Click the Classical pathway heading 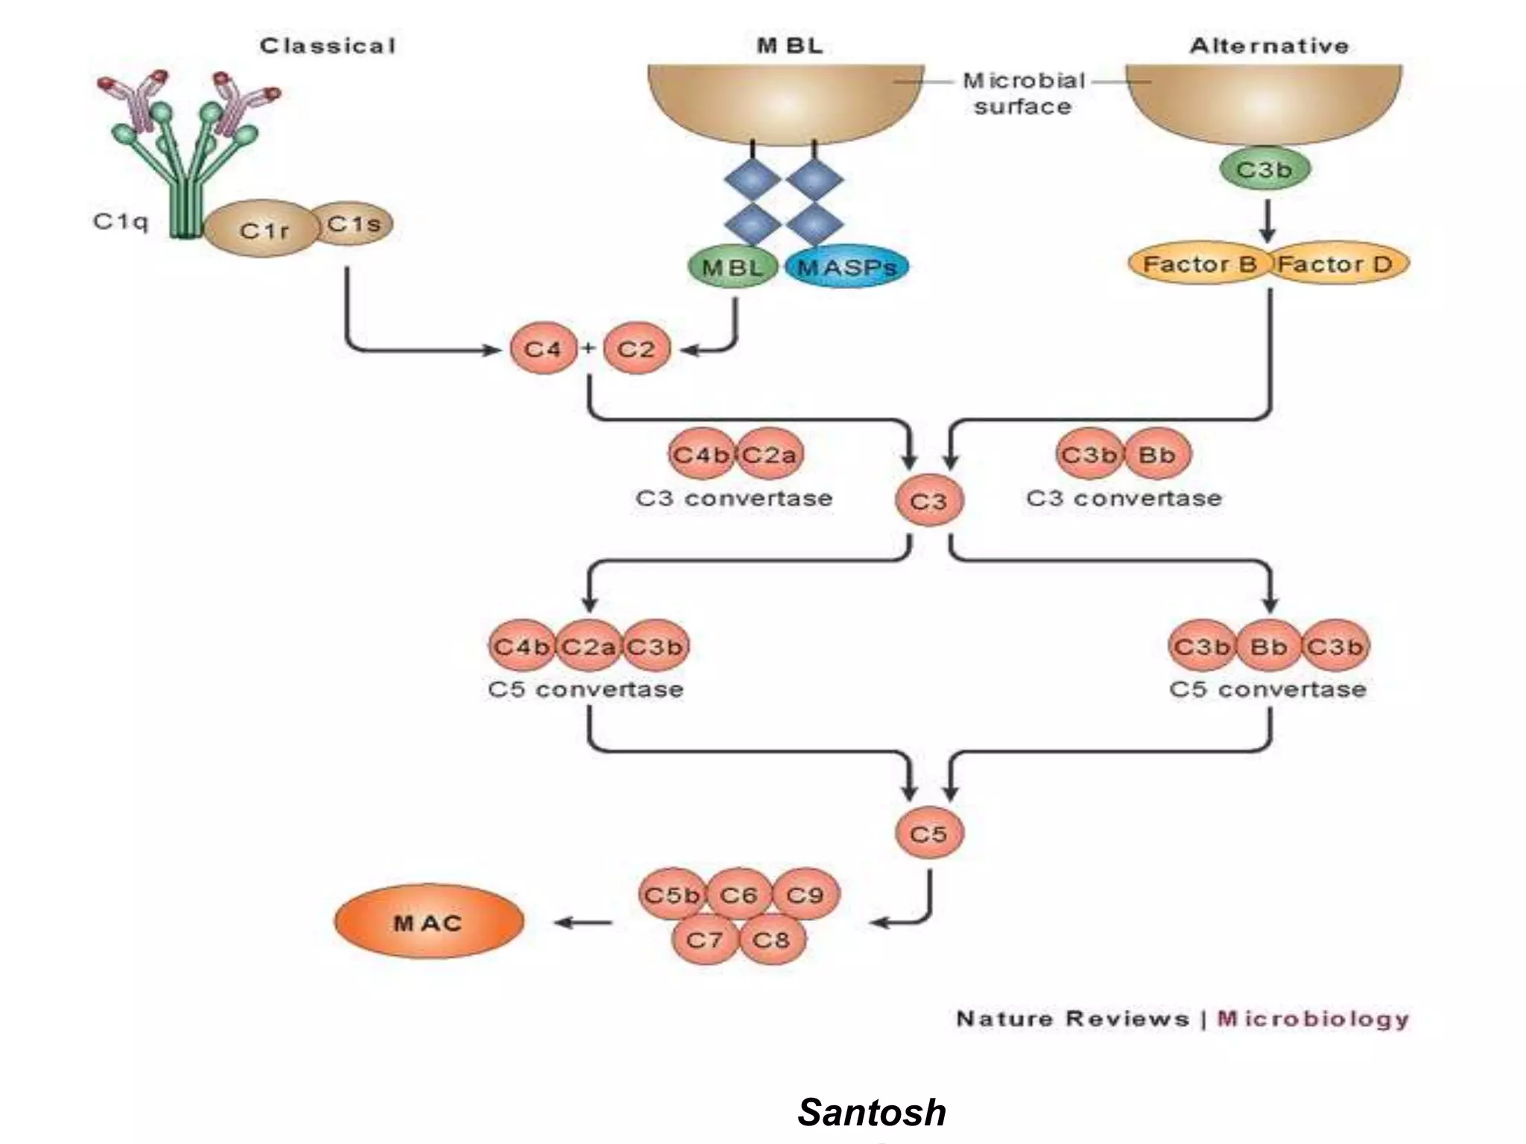tap(328, 46)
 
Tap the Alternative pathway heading tap(1269, 46)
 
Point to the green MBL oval tap(732, 267)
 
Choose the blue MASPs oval tap(846, 267)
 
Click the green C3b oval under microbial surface tap(1264, 170)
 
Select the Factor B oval tap(1198, 264)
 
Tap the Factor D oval tap(1336, 264)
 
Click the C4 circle tap(542, 349)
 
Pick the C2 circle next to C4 tap(636, 349)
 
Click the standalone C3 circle tap(928, 501)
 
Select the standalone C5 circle tap(928, 833)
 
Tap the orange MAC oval tap(428, 922)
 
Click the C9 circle tap(805, 894)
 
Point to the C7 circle tap(704, 939)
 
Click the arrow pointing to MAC tap(583, 923)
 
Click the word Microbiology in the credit tap(1313, 1018)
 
